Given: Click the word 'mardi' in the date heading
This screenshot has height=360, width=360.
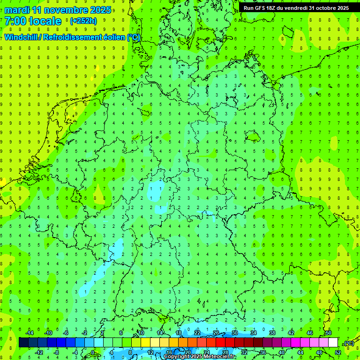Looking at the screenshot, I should tap(17, 10).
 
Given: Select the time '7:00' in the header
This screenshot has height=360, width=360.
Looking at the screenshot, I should tap(15, 21).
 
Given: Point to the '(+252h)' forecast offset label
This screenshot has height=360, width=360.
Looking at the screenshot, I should tap(83, 21).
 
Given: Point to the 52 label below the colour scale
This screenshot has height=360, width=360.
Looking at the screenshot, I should tap(338, 352).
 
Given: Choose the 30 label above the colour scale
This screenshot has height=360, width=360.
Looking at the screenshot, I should tap(235, 333).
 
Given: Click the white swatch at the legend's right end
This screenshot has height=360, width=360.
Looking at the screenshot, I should tap(333, 343).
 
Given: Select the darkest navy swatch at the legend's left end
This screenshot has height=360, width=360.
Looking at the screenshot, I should tap(23, 343).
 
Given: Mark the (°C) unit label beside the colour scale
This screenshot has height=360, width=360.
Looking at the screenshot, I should tap(349, 343).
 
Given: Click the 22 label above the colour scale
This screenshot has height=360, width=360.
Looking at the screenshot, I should tap(197, 333).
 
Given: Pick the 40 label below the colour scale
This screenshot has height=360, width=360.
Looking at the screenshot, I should tap(281, 352).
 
